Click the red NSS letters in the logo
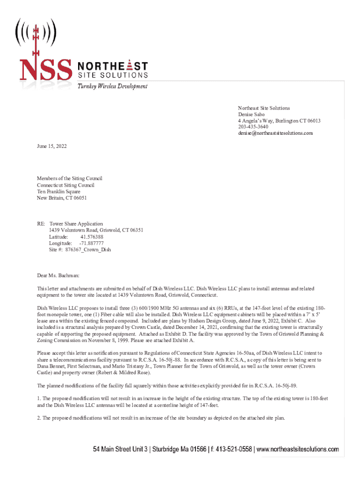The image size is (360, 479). point(44,69)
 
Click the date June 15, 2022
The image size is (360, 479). point(52,146)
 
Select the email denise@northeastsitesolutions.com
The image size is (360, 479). point(275,133)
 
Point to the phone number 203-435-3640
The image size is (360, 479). point(253,127)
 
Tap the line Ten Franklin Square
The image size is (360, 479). point(58,191)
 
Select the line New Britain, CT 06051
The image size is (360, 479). point(62,198)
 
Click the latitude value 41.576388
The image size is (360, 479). point(92,237)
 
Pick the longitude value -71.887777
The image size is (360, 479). point(91,243)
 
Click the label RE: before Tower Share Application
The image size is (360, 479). point(41,224)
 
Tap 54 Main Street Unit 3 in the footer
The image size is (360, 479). point(120,450)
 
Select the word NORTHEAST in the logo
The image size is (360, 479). point(111,65)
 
